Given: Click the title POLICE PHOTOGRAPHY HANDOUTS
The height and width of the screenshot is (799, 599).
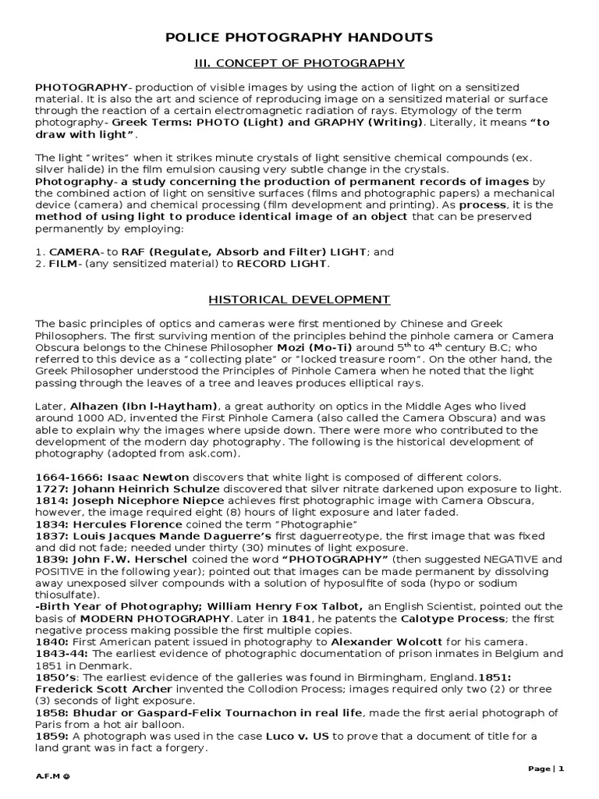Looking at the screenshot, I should (299, 37).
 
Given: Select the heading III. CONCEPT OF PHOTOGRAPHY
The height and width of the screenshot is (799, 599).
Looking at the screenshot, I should (299, 63).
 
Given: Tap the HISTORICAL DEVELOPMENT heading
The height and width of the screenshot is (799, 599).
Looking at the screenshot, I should (299, 299).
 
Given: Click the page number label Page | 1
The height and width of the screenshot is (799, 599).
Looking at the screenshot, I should (546, 769).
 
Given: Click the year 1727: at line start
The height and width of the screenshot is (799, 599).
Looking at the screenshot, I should (52, 489).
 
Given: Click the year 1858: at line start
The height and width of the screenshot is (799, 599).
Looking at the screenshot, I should (52, 712).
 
